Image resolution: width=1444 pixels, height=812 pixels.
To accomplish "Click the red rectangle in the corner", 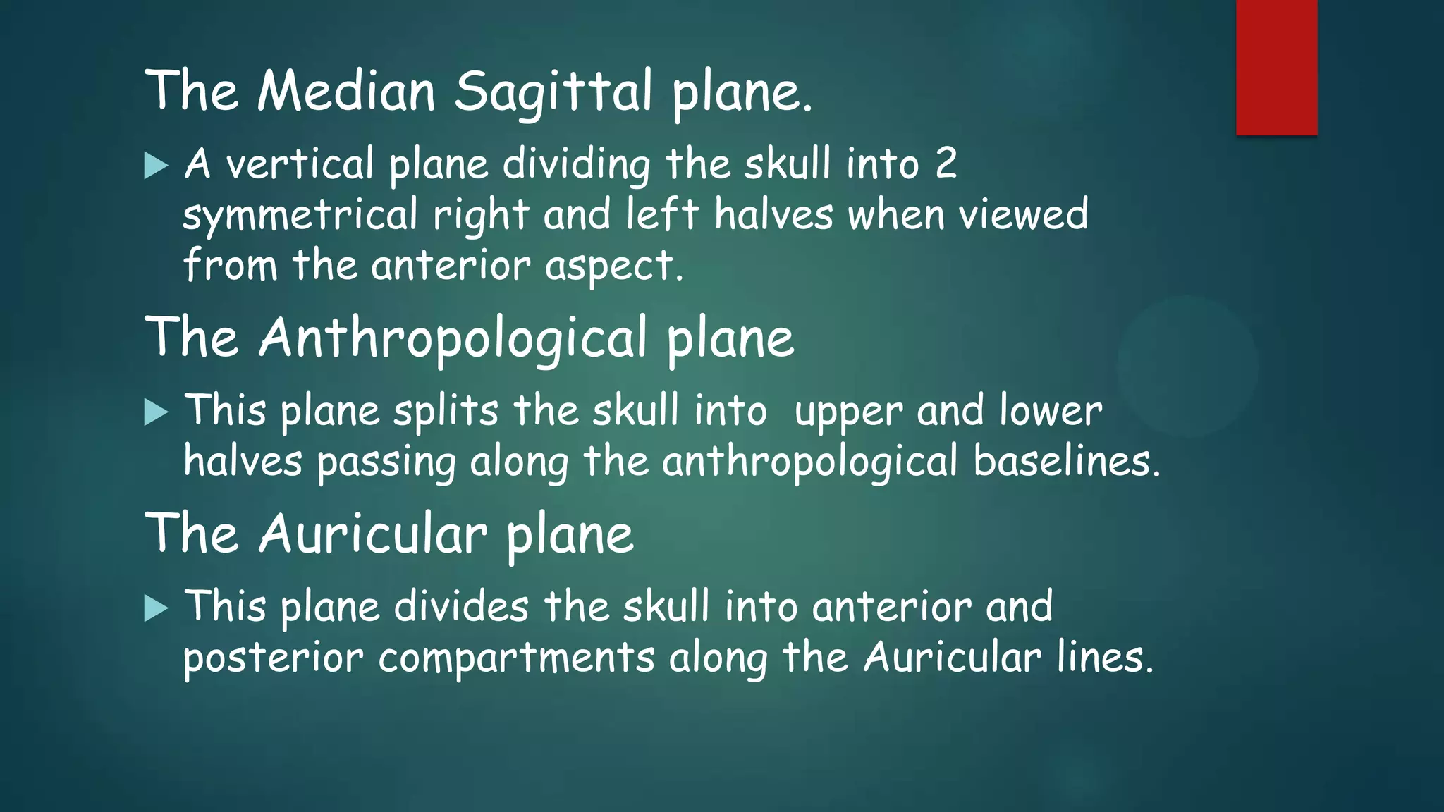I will coord(1276,68).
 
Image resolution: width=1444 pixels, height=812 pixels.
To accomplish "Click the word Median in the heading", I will coord(346,92).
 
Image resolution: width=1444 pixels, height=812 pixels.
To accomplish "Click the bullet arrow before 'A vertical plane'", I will coord(156,166).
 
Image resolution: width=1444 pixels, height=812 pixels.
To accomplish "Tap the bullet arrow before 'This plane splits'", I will coord(156,412).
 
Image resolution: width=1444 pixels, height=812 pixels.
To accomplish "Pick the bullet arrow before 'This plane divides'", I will coord(156,608).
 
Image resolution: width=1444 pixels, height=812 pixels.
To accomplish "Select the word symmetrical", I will coord(300,216).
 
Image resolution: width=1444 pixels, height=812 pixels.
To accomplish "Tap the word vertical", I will coord(300,164).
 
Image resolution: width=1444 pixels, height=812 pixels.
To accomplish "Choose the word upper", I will coord(848,412).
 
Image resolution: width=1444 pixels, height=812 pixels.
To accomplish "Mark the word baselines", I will coord(1065,462).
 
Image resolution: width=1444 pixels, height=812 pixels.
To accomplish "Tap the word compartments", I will coord(516,658).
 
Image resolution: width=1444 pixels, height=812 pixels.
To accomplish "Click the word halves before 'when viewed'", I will coord(773,214).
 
